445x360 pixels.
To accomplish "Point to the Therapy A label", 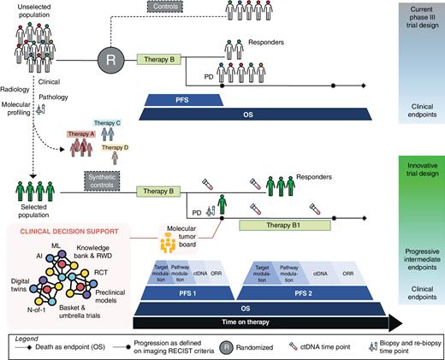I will click(x=81, y=135).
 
